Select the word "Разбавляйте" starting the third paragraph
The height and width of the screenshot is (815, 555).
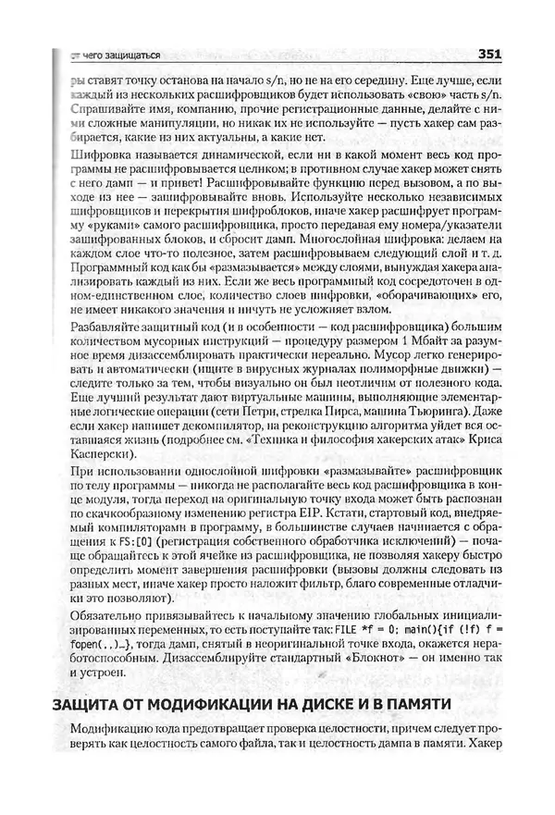coord(104,326)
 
